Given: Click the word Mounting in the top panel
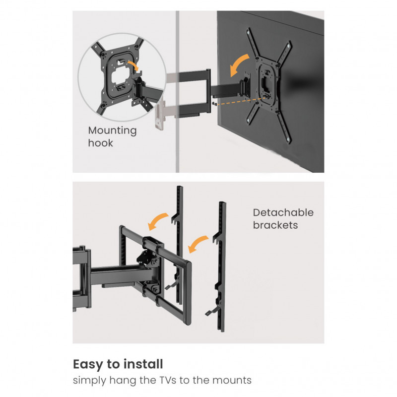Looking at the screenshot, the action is pos(112,131).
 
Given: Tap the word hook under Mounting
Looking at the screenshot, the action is pos(101,143).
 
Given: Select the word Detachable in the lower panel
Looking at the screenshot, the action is pos(283,213).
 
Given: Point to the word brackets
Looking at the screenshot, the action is pos(275,225).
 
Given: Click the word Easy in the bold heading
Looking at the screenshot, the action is pos(88,365).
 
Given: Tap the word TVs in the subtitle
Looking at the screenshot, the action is pos(168,380).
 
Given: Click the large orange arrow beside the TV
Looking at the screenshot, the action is pos(239,65).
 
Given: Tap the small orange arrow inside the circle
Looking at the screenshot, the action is pos(134,65).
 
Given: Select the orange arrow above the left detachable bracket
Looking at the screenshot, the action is pos(157,221).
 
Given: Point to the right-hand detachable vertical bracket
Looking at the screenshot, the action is pos(221,266).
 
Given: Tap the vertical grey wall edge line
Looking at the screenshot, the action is pos(178,92).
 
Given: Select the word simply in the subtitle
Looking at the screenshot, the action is pos(89,381).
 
